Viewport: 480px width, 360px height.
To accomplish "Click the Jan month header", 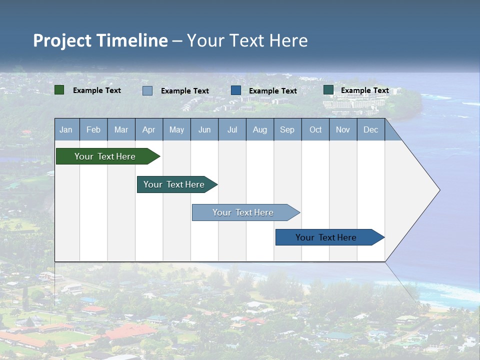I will coord(66,129).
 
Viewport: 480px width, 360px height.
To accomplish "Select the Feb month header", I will coord(93,129).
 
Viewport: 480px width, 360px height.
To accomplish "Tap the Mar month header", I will coord(121,129).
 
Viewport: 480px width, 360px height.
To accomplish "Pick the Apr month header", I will coord(149,129).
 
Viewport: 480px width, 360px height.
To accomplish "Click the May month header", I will coord(176,129).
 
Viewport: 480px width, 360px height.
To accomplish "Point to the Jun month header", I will coord(204,129).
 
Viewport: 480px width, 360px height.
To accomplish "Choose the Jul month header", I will coord(232,129).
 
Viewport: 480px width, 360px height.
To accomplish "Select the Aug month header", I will coord(260,129).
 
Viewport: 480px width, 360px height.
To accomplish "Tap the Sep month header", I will coord(287,129).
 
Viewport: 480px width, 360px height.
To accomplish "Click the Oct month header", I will coord(315,129).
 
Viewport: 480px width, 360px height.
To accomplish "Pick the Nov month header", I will coord(343,129).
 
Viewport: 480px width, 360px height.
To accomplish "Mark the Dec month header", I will coord(371,129).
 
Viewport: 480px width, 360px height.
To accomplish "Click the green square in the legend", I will coord(59,90).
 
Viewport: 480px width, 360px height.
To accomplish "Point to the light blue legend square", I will coord(147,90).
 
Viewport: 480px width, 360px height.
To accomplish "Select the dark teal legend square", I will coord(328,90).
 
